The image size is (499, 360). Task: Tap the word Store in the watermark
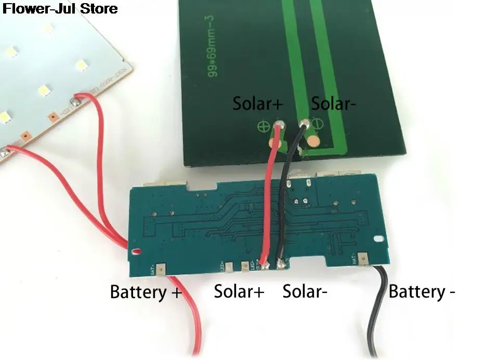pos(100,8)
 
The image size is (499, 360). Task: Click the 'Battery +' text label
pos(146,292)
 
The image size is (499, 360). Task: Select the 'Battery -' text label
pos(422,291)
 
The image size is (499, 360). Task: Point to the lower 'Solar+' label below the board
pos(239,291)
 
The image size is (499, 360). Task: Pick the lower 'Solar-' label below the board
pos(305,291)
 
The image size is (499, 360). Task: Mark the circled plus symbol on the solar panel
pos(263,125)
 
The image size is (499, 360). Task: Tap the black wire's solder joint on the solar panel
pos(304,124)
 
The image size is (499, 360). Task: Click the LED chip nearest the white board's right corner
pos(81,65)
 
